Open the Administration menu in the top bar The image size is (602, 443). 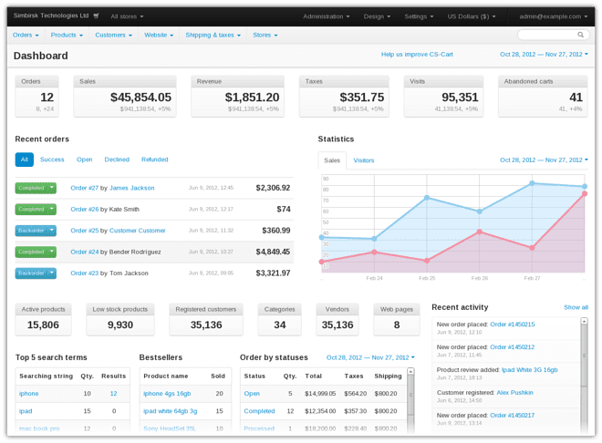[x=326, y=16]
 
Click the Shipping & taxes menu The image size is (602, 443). [x=213, y=35]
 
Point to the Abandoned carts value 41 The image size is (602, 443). [x=575, y=98]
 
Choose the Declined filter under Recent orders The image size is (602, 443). [x=117, y=160]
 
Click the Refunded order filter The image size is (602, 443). [x=154, y=160]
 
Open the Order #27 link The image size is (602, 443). [x=84, y=188]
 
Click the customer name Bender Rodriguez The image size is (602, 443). [x=135, y=252]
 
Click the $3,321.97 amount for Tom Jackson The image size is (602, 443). [x=273, y=273]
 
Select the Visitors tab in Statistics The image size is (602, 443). [x=363, y=160]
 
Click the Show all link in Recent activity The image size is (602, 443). [x=576, y=307]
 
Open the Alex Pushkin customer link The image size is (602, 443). [x=514, y=392]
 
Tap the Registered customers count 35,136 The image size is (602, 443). [x=206, y=325]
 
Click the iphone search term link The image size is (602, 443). [x=28, y=394]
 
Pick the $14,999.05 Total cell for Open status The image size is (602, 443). [x=320, y=394]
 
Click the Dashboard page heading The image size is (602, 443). [x=41, y=56]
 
